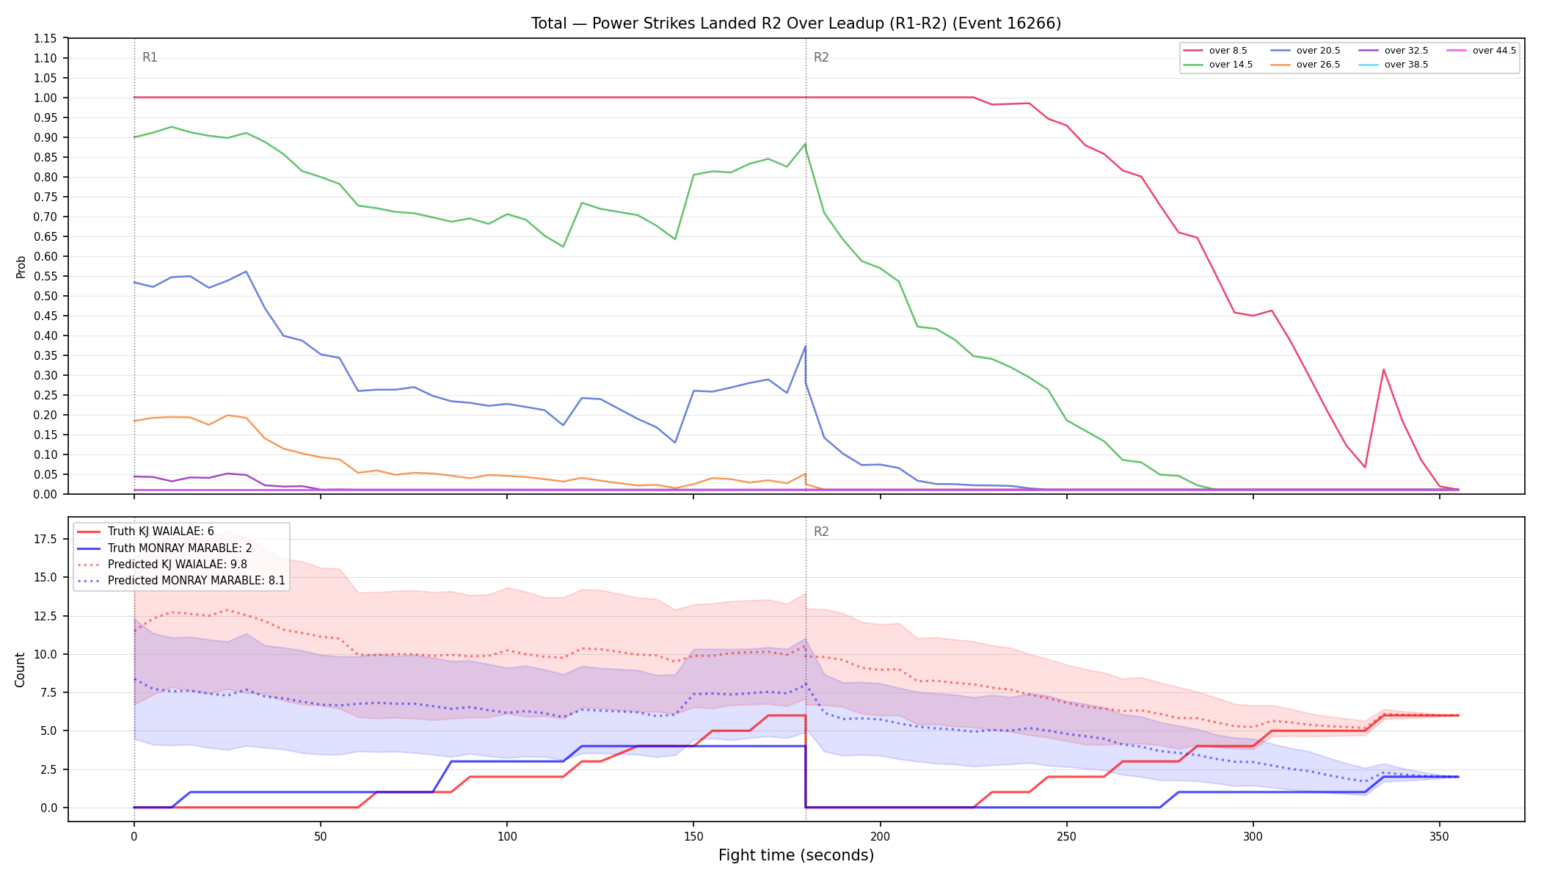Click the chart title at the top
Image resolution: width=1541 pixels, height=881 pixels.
coord(796,23)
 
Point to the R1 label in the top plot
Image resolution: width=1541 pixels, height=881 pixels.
coord(150,57)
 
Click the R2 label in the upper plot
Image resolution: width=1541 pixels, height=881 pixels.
coord(821,57)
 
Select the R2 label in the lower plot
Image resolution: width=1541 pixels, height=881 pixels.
coord(821,532)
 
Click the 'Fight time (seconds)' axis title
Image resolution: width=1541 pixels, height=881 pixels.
coord(796,855)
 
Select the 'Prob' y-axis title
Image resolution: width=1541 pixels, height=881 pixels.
coord(21,267)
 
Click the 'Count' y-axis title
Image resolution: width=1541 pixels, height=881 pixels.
coord(20,670)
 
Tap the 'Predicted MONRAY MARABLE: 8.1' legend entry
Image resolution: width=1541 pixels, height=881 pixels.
coord(184,581)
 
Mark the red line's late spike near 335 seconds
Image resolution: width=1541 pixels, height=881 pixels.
coord(1383,369)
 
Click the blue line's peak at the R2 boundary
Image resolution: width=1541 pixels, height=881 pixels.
coord(805,347)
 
